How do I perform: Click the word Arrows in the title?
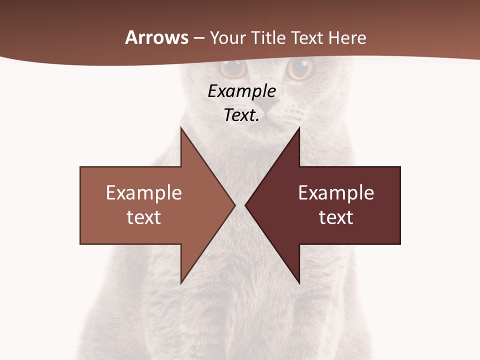point(157,37)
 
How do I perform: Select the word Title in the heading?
point(270,38)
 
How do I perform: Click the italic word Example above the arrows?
point(241,91)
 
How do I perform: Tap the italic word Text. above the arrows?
point(241,115)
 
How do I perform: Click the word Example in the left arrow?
point(144,193)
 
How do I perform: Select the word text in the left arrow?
point(144,217)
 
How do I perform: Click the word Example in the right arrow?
point(336,193)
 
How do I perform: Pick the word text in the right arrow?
point(336,217)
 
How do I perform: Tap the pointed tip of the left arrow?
point(234,205)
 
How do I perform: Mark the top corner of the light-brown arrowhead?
point(181,128)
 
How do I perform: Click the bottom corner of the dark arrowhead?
point(299,283)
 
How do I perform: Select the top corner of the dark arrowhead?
point(299,128)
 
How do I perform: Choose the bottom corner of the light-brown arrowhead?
point(181,283)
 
